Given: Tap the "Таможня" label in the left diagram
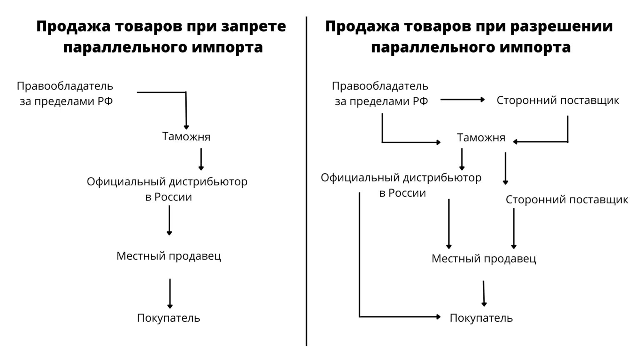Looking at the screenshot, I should click(186, 137).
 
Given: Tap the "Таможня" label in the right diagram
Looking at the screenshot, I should click(481, 137).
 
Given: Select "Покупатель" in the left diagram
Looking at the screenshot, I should click(168, 318).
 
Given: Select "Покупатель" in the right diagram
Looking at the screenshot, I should click(481, 318).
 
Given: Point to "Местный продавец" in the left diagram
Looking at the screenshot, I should click(168, 255).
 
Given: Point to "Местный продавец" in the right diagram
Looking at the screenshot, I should click(484, 258).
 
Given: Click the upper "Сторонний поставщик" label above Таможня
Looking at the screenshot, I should click(557, 100).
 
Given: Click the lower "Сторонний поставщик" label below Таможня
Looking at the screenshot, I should click(567, 200).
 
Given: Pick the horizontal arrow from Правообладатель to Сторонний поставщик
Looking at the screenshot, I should click(462, 100).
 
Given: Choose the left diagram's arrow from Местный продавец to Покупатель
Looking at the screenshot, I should click(170, 293).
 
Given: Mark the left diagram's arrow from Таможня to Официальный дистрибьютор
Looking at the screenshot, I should click(201, 159).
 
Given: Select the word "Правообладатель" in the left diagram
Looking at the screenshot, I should click(65, 86).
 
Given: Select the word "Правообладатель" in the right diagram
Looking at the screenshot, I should click(380, 86).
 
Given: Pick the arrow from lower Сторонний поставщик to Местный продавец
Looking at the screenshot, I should click(514, 228).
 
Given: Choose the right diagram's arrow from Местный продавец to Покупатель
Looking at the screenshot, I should click(484, 293).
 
